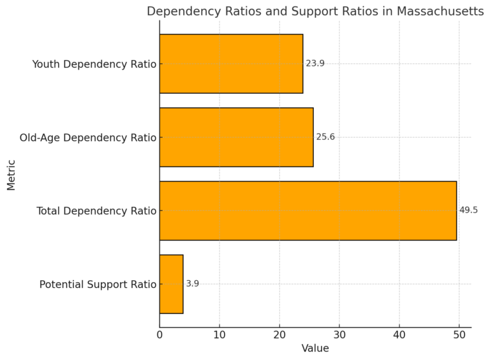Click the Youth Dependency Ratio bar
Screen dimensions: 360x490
tap(231, 64)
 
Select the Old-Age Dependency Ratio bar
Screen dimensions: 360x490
tap(236, 137)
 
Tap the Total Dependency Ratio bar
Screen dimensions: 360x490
tap(308, 211)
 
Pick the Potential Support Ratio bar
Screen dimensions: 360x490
tap(171, 284)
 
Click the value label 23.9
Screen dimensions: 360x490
tap(315, 64)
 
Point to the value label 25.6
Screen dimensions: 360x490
tap(325, 137)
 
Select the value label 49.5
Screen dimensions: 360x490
tap(468, 211)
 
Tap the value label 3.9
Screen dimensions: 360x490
tap(192, 284)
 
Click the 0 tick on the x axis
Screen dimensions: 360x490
tap(160, 334)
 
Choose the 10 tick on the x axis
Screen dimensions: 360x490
tap(219, 334)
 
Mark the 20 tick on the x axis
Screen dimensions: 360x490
tap(279, 334)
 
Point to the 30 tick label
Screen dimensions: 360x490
tap(339, 334)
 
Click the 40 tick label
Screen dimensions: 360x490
tap(399, 334)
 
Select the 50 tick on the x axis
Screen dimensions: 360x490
tap(459, 334)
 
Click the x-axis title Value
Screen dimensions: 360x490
tap(315, 349)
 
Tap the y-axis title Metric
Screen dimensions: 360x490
tap(11, 174)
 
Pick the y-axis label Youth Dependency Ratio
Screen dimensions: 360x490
tap(94, 64)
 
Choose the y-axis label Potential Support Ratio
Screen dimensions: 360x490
tap(98, 284)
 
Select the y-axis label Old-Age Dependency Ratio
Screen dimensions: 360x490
tap(88, 137)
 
